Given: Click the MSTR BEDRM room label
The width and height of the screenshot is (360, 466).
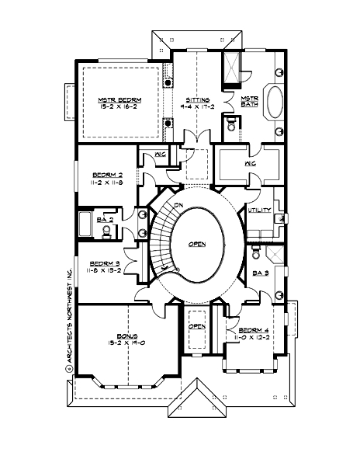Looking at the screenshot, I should pos(118,100).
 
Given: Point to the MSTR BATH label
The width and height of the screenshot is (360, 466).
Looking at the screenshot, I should pos(249,102).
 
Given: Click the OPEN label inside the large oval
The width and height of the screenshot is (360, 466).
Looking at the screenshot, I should pos(197,244).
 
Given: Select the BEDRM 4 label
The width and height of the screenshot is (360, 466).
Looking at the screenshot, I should pos(254,330).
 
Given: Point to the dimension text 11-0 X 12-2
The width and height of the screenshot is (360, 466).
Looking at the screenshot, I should pos(254,339).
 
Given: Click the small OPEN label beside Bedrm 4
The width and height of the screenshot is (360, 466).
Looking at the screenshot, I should pos(197,326).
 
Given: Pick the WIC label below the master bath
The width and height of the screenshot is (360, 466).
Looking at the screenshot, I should pos(250,164).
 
